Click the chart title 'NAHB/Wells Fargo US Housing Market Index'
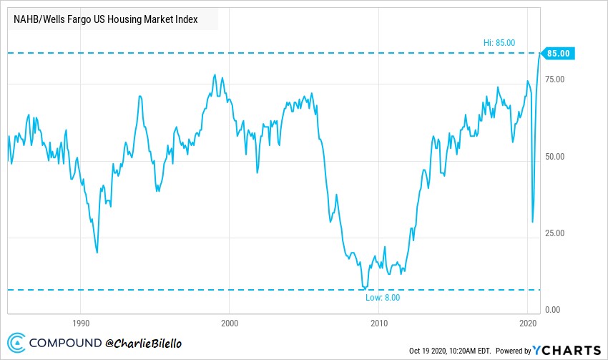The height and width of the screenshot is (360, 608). click(105, 19)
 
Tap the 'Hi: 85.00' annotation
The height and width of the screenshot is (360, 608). click(499, 43)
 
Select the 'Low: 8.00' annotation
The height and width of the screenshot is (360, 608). click(383, 298)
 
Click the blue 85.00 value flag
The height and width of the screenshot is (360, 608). click(558, 53)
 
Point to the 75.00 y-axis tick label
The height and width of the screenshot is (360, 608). click(554, 79)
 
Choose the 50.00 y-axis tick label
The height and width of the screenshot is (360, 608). click(554, 157)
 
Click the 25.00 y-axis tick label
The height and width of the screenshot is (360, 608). click(554, 233)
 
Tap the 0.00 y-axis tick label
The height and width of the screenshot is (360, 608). click(552, 310)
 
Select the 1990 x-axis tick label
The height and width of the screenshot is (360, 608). click(81, 323)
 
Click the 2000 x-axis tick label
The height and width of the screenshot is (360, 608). click(230, 323)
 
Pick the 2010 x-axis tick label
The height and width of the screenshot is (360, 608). click(379, 323)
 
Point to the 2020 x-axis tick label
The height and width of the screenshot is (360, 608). click(528, 323)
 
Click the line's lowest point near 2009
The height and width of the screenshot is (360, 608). click(365, 288)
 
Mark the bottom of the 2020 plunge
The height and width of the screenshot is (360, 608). click(532, 222)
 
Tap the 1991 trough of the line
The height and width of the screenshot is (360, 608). click(97, 253)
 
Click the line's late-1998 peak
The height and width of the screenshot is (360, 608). click(215, 75)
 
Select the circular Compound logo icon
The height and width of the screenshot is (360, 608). click(16, 343)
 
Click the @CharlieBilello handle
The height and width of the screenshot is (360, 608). click(143, 344)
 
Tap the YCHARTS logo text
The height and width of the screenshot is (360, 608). click(567, 350)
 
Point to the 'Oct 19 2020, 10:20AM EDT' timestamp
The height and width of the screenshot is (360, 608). click(449, 351)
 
